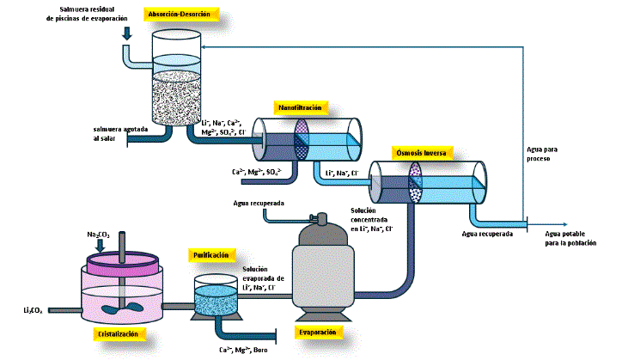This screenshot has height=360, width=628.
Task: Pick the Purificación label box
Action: pos(210,255)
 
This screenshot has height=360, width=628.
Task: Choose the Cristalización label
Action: pos(118,333)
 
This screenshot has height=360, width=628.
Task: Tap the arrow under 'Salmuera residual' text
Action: pos(127,34)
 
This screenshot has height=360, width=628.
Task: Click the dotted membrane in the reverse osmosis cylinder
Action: pos(416,182)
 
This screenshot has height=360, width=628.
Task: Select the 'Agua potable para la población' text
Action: pos(570,238)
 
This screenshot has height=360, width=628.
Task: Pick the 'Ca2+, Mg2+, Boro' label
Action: pos(245,349)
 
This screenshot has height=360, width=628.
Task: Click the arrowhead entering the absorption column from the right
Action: pos(210,49)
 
